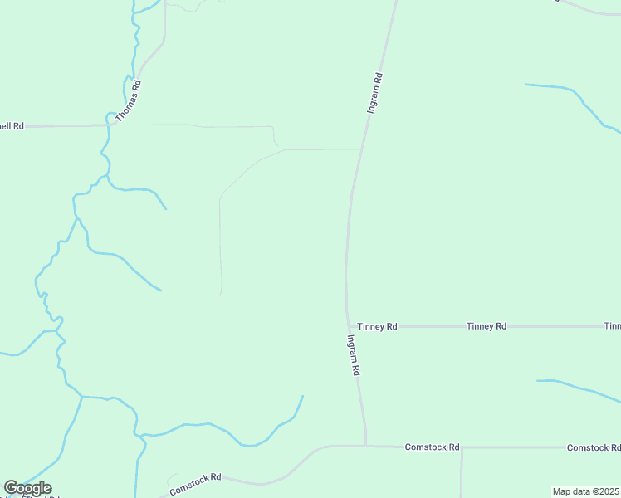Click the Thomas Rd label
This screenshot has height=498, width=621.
(x=129, y=101)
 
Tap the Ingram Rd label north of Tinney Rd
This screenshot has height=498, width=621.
(x=374, y=94)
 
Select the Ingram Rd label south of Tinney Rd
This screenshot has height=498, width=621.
(x=353, y=356)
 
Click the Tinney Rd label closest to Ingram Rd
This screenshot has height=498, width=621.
(x=377, y=327)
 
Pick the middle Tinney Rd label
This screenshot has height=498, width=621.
(x=487, y=327)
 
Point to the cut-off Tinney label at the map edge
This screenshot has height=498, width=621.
(x=612, y=327)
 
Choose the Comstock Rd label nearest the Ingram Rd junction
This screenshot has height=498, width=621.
(x=432, y=447)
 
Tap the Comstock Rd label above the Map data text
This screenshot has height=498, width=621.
(x=593, y=448)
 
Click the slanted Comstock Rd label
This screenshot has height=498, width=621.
(x=195, y=484)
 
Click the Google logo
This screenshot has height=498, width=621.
(x=27, y=488)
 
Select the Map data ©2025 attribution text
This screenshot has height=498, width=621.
(x=586, y=491)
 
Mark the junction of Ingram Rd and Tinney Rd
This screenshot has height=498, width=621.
(x=347, y=326)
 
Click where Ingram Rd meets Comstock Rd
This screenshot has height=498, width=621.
(x=365, y=446)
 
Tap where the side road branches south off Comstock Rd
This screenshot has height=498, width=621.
(x=462, y=448)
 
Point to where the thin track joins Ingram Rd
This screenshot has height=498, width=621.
(x=360, y=149)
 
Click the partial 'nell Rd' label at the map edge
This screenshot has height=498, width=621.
(x=12, y=126)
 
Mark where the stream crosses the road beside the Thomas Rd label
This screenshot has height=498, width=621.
(x=109, y=124)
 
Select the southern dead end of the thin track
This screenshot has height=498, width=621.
(x=221, y=294)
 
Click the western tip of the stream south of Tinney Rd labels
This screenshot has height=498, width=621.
(x=538, y=381)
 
